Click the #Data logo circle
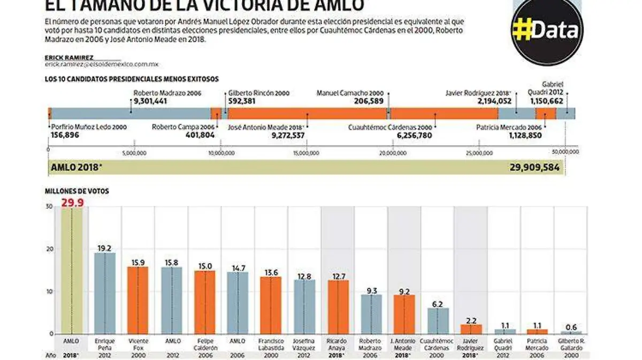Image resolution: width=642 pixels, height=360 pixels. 545,31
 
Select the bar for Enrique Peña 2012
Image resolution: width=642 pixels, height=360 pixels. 104,294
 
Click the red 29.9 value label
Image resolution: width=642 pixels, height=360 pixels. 73,202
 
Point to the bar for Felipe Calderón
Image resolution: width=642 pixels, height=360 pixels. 204,302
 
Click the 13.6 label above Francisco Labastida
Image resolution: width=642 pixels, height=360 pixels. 271,272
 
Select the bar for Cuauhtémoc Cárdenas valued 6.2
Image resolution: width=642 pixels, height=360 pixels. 438,321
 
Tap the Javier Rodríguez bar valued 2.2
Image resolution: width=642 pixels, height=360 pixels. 471,329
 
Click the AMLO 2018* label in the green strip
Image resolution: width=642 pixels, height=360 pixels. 77,167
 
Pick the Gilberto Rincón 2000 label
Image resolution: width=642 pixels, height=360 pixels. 258,93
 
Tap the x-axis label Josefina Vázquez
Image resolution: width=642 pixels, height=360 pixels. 304,344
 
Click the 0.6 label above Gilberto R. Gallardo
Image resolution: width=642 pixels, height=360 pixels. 571,327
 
